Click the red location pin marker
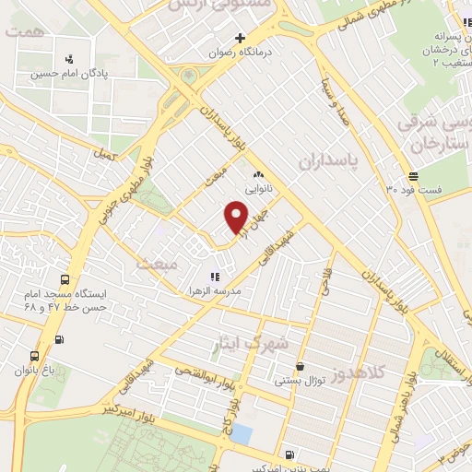point(236,218)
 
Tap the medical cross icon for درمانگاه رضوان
point(240,39)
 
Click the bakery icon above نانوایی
point(258,175)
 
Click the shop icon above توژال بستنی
point(300,366)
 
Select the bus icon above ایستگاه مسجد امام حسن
point(65,280)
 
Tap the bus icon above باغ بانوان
point(35,356)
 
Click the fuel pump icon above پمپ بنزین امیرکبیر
point(290,454)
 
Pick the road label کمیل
point(105,155)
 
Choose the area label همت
point(23,31)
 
